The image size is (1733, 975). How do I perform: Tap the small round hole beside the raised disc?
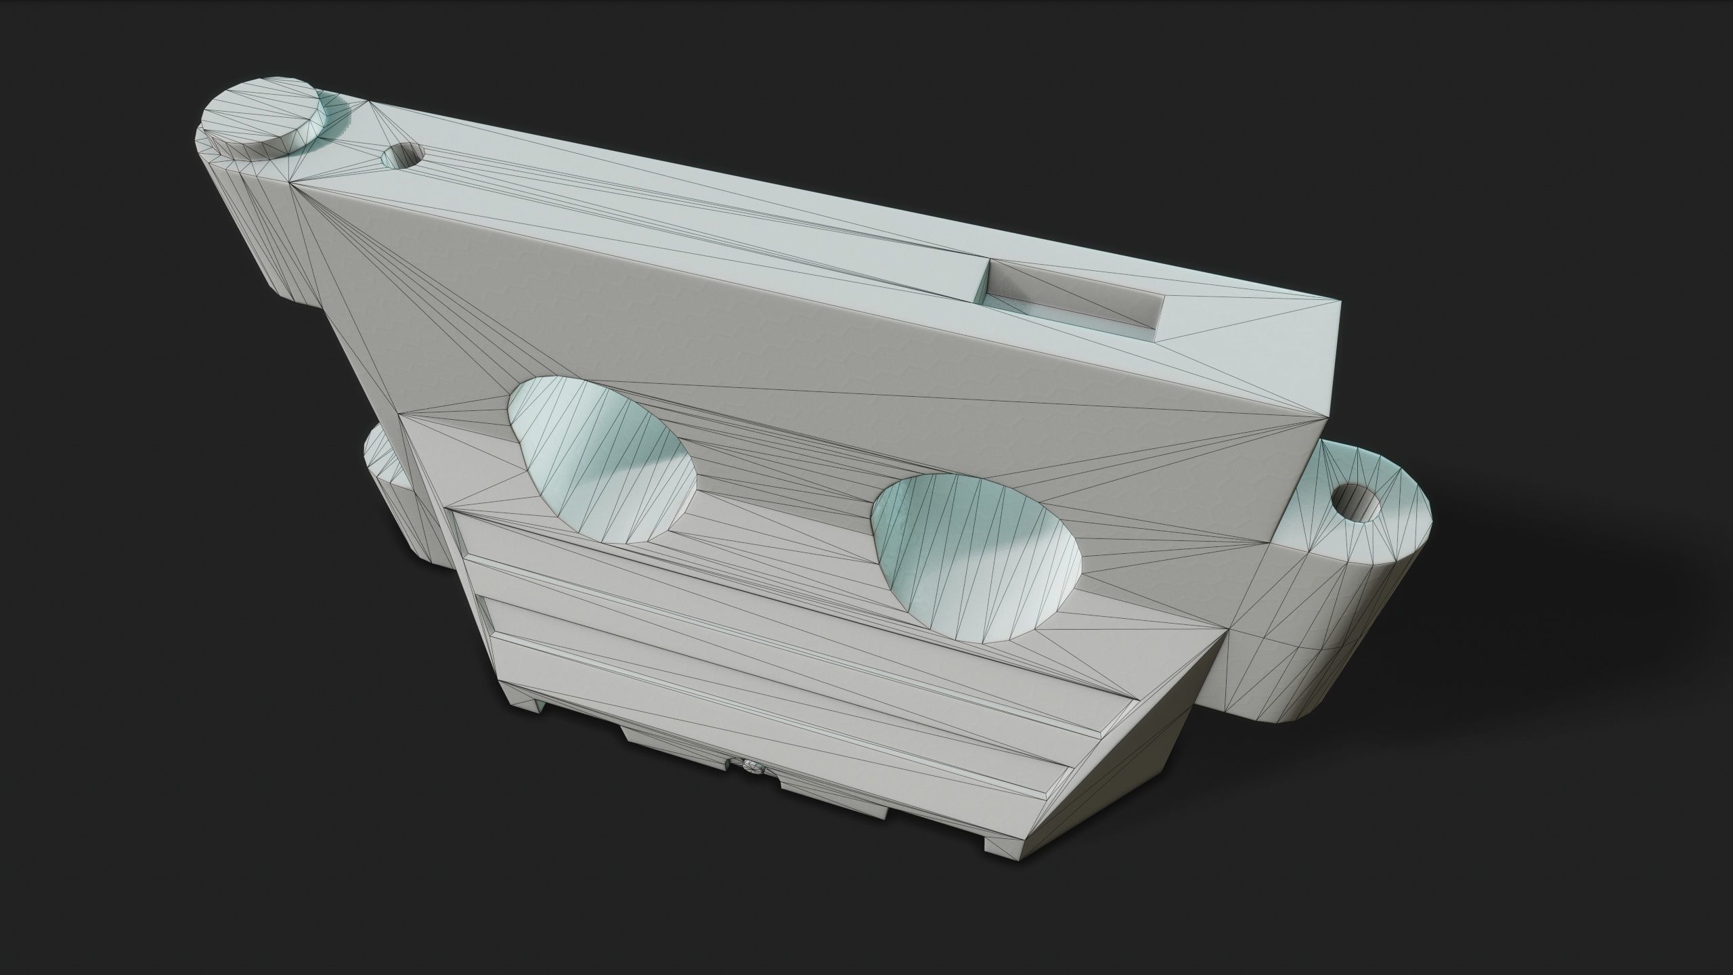tap(401, 157)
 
